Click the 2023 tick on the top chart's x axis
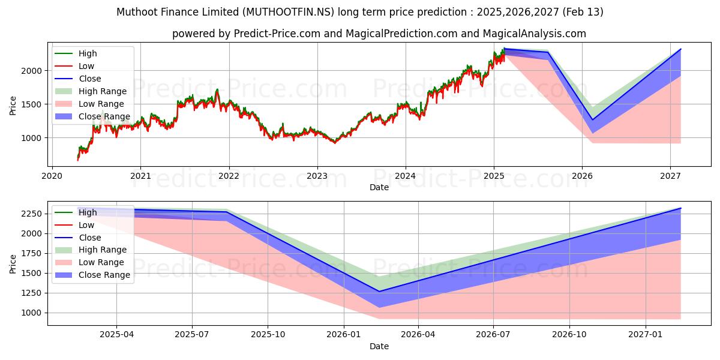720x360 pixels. pos(317,176)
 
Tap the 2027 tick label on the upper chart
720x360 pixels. pos(670,176)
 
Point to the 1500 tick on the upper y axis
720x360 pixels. pos(34,104)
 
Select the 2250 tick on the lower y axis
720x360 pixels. pos(34,214)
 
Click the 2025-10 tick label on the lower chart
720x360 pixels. pos(268,335)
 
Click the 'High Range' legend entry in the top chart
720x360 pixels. pos(103,91)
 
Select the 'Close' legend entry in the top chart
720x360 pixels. pos(90,79)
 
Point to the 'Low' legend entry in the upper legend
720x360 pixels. pos(86,66)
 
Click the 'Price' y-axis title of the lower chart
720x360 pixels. pos(13,263)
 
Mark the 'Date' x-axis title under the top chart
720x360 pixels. pos(379,187)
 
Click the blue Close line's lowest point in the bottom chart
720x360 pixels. pos(379,292)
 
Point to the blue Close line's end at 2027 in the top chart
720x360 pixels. pos(680,49)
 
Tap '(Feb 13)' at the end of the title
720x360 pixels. pos(582,12)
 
